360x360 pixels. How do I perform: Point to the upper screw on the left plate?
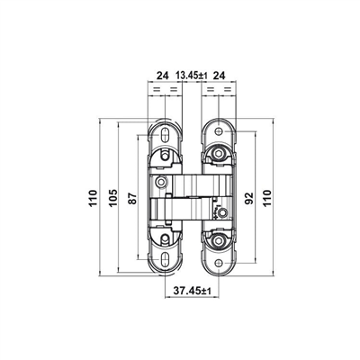click(164, 160)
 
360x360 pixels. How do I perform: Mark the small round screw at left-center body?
click(162, 183)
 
